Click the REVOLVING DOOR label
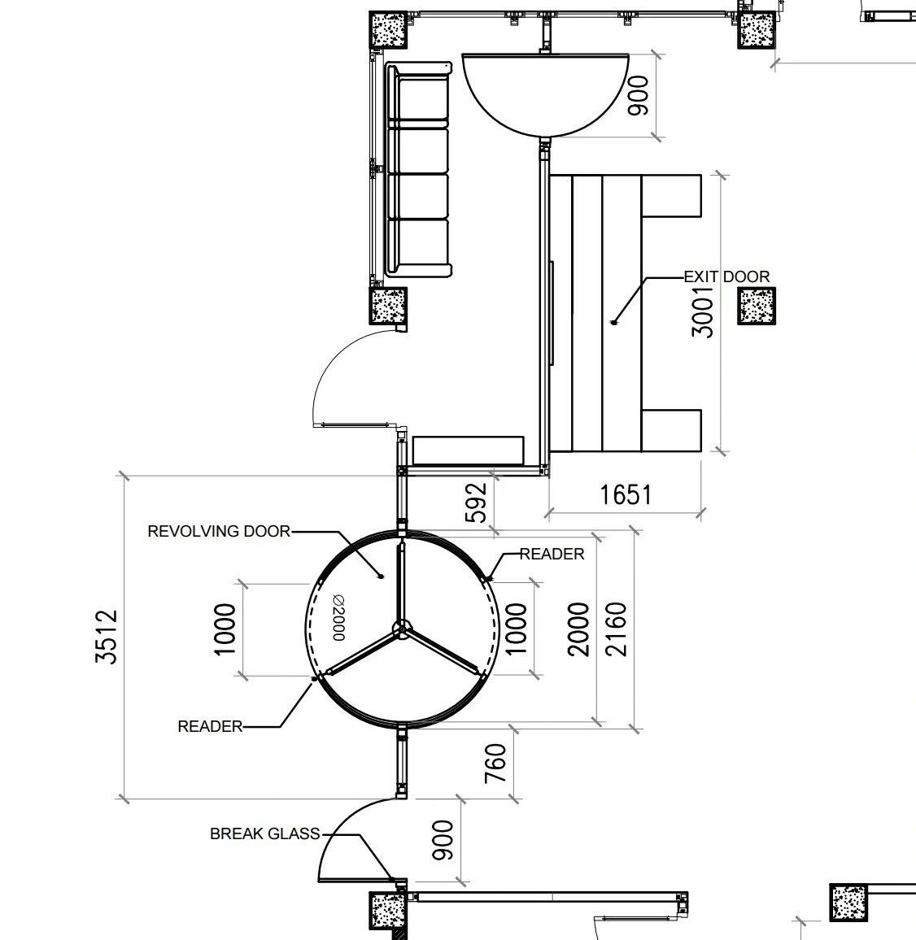point(219,531)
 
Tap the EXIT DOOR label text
point(726,277)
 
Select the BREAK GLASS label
point(264,834)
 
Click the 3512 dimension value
point(107,637)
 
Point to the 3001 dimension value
point(702,312)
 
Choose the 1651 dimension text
point(626,495)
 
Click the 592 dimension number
point(476,503)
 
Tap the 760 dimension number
point(495,764)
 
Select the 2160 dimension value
point(616,629)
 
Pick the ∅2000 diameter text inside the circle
point(338,617)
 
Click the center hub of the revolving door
point(401,629)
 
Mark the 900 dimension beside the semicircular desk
point(639,95)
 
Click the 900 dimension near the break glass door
point(443,840)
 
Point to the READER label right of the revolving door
point(552,554)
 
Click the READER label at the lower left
point(210,727)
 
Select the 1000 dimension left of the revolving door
point(225,629)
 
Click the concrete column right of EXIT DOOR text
point(757,306)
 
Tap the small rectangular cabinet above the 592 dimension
point(468,450)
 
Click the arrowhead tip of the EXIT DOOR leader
point(613,324)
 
